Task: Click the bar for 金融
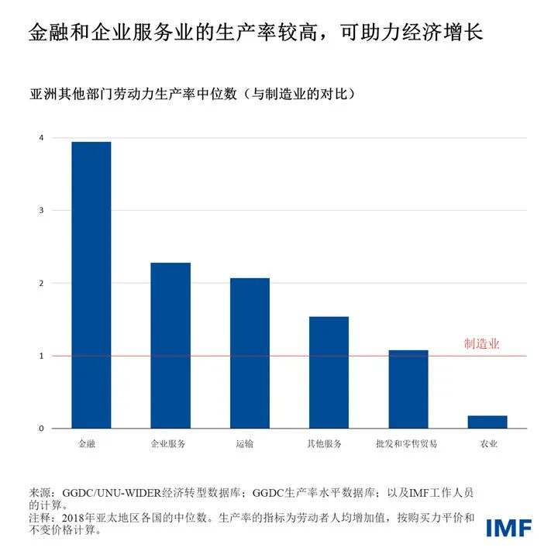[91, 285]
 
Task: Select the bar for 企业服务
[170, 346]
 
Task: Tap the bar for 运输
[250, 353]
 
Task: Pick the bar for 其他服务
[329, 373]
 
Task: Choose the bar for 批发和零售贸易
[408, 390]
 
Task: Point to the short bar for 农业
[487, 422]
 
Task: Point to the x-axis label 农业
[488, 444]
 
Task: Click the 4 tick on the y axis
[41, 138]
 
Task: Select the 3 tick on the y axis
[41, 211]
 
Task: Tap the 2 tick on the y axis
[41, 284]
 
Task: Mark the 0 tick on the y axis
[41, 429]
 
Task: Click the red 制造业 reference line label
[482, 343]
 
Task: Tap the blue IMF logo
[508, 528]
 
